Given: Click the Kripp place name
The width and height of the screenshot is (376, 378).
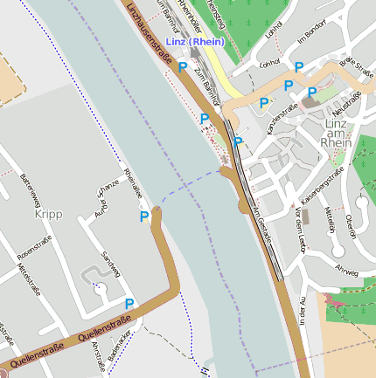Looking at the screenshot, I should coord(48,214).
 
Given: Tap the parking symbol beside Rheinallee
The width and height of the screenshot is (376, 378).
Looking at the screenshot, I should coord(144,216).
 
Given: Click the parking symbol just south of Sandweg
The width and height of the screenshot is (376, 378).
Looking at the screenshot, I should coord(129,304).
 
